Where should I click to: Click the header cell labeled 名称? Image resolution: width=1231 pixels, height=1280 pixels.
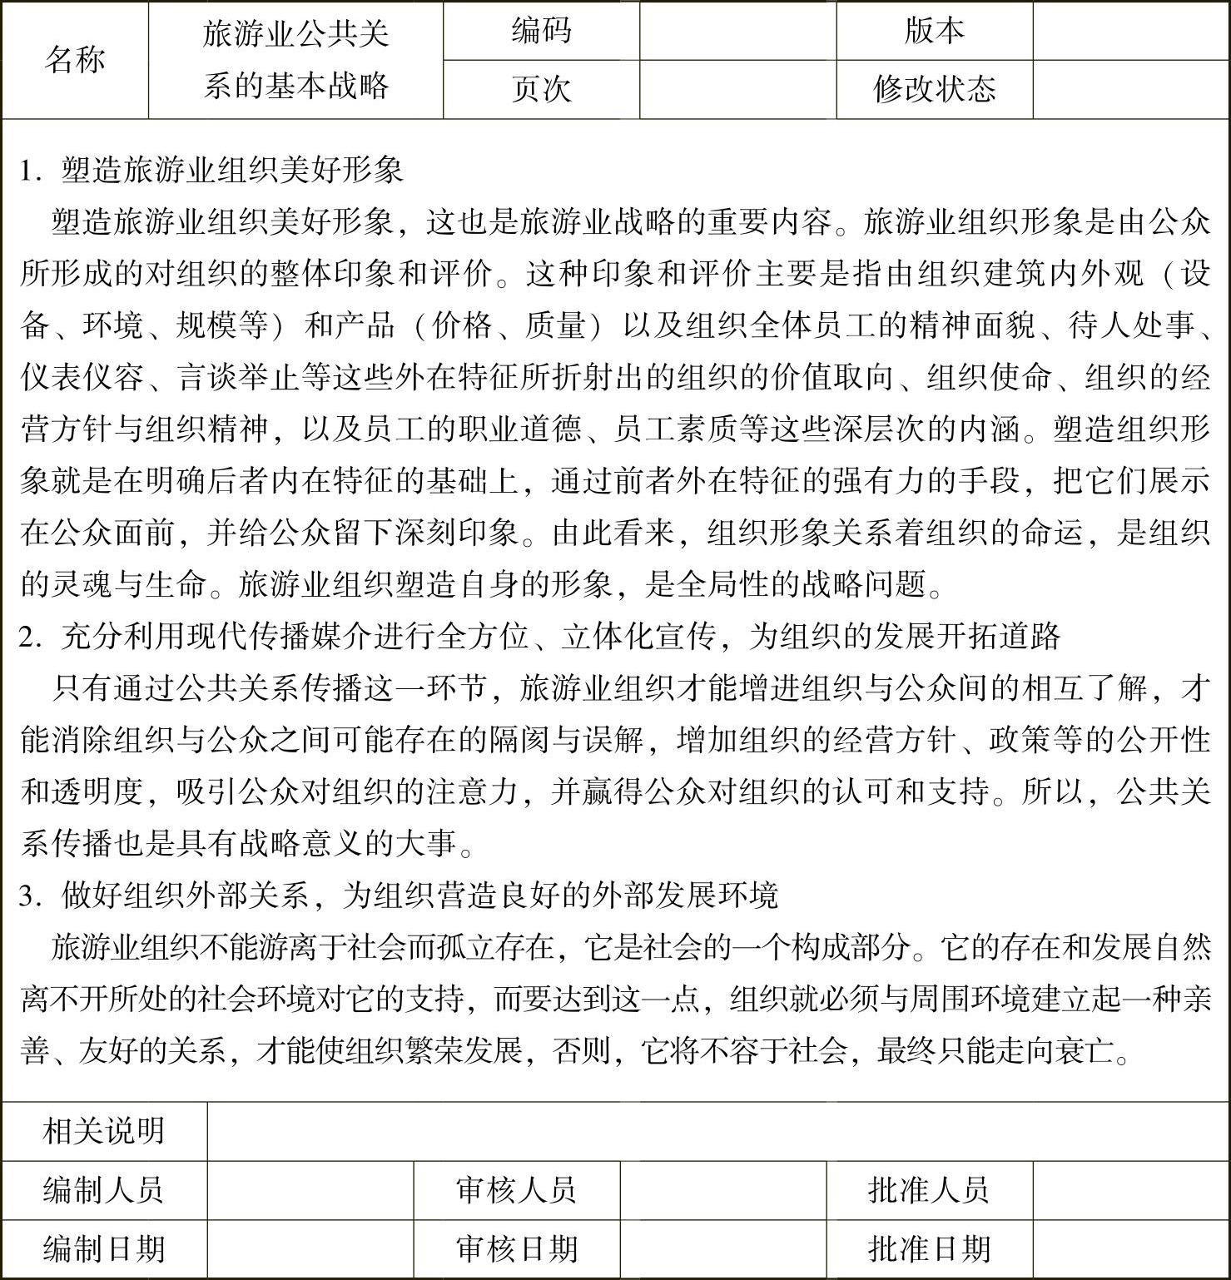point(75,60)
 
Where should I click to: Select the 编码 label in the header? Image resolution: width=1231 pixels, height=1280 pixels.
point(541,32)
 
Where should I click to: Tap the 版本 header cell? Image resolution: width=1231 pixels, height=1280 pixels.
point(934,32)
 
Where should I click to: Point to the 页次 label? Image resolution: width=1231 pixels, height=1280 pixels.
point(541,89)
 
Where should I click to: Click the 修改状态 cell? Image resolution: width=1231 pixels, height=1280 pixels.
point(934,89)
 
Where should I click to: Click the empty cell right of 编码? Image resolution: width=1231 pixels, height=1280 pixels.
point(737,32)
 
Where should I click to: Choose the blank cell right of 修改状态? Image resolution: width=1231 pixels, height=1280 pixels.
point(1130,89)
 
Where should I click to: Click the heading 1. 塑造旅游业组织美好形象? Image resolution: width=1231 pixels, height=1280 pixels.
point(211,170)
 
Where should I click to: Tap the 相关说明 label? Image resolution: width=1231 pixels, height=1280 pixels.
point(104,1131)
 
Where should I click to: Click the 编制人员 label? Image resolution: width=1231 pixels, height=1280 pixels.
point(104,1190)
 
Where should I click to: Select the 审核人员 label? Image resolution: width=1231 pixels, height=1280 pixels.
point(516,1190)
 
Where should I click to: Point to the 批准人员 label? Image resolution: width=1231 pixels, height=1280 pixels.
point(929,1190)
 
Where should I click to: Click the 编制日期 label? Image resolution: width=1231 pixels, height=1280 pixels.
point(104,1249)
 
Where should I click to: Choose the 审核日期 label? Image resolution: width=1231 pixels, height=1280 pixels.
point(516,1249)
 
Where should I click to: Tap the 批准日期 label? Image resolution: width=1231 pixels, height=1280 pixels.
point(929,1249)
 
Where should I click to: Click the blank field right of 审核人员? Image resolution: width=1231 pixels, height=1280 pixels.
point(722,1190)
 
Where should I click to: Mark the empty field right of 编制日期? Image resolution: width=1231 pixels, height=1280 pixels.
point(310,1249)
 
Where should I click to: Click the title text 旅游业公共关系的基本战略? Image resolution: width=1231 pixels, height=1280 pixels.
point(295,60)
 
